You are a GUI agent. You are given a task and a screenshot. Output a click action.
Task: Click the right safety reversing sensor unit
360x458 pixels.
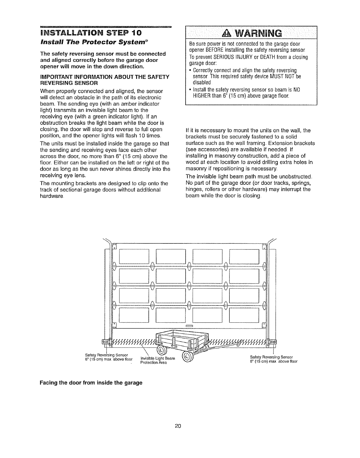pyautogui.click(x=272, y=342)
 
